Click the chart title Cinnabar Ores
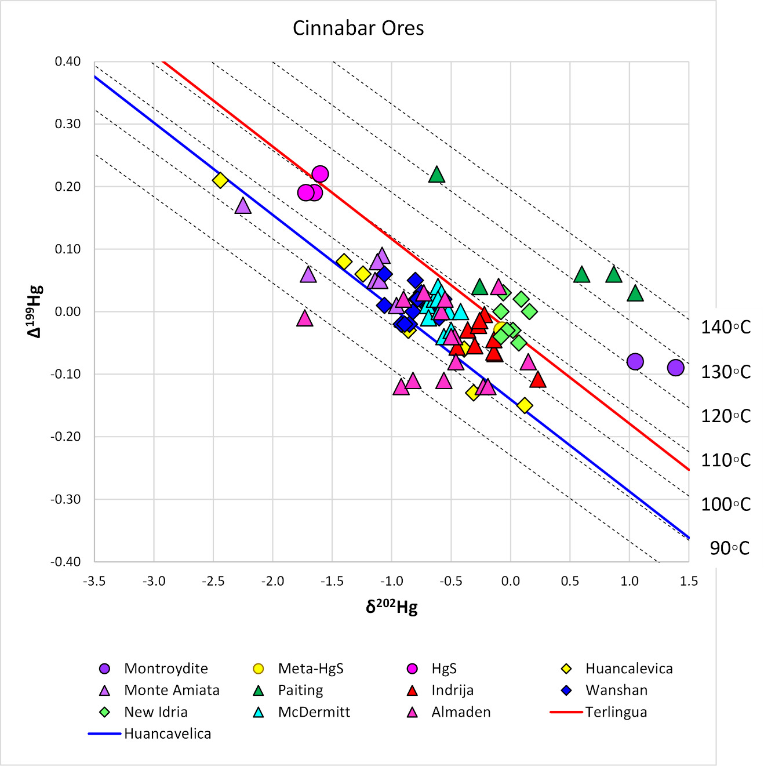[358, 28]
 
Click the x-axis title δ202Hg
[391, 607]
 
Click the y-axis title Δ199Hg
[35, 311]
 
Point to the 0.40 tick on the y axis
[67, 61]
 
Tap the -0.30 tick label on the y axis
[66, 499]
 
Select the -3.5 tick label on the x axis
[94, 581]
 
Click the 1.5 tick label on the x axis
[689, 581]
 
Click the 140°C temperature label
[726, 328]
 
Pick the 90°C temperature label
[729, 548]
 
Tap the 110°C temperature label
[726, 460]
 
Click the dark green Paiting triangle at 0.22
[436, 175]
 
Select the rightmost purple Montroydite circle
[675, 368]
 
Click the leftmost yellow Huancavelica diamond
[220, 180]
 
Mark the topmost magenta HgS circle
[320, 174]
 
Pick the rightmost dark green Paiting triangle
[635, 293]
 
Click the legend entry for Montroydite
[166, 669]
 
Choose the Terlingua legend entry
[616, 712]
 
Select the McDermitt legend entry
[314, 712]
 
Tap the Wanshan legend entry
[616, 690]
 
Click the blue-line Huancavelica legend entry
[167, 734]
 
